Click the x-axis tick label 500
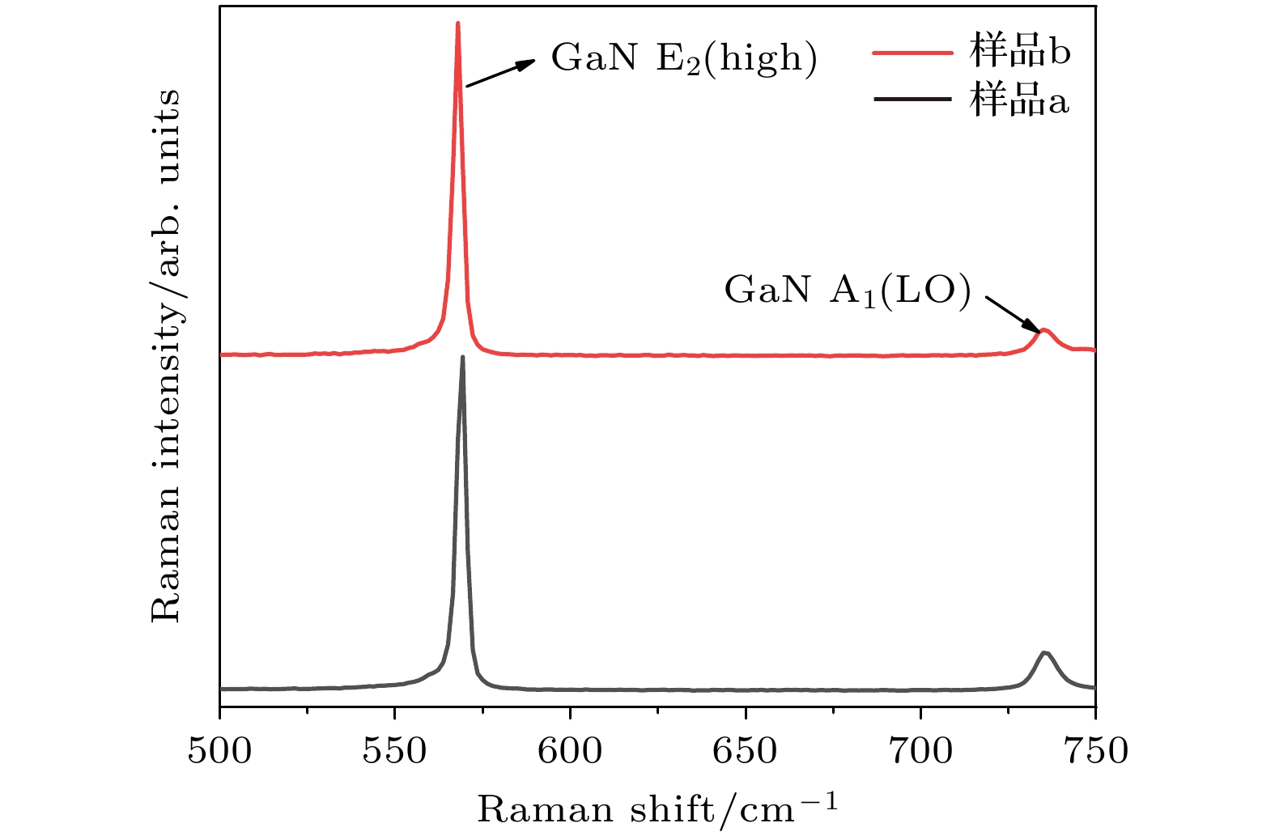(219, 751)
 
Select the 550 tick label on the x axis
(394, 751)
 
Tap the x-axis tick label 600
(570, 751)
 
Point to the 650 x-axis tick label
(745, 751)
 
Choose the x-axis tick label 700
(920, 751)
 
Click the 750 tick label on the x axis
(1095, 751)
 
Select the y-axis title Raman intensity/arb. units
(166, 356)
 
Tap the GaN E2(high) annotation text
(684, 58)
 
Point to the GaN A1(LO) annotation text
(847, 291)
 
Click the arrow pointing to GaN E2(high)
(500, 73)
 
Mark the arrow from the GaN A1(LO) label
(1013, 314)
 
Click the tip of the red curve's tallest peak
(458, 23)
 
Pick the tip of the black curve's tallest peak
(462, 357)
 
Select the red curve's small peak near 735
(1044, 329)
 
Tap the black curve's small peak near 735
(1044, 652)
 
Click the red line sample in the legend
(912, 53)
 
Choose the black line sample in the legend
(912, 100)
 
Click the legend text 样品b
(1020, 53)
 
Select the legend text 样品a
(1019, 100)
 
